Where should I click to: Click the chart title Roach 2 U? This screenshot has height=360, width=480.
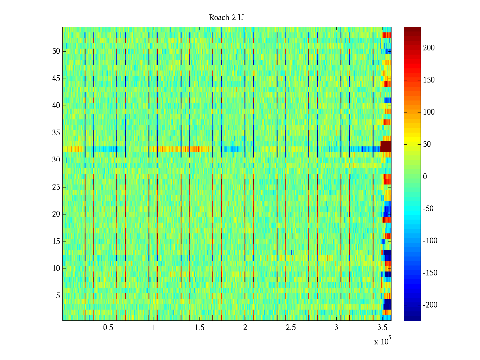click(x=226, y=18)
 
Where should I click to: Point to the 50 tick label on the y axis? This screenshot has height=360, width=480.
click(x=56, y=51)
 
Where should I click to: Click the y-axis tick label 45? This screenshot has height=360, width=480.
click(x=56, y=79)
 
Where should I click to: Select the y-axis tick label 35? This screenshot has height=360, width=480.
click(x=56, y=133)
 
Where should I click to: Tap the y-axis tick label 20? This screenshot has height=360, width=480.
click(x=56, y=214)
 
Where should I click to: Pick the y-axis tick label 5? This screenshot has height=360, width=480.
click(x=58, y=296)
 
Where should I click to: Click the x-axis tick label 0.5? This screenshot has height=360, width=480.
click(x=108, y=328)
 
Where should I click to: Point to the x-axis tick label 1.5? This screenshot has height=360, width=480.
click(x=199, y=328)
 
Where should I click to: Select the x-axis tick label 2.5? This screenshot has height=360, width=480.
click(x=291, y=328)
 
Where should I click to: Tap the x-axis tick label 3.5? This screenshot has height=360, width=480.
click(x=382, y=328)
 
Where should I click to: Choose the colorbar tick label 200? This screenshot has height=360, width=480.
click(x=429, y=48)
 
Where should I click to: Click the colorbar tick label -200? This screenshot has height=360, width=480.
click(x=430, y=305)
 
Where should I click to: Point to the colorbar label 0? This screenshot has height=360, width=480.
click(x=425, y=177)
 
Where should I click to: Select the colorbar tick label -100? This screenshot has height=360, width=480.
click(x=430, y=241)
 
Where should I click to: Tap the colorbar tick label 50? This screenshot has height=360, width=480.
click(x=427, y=144)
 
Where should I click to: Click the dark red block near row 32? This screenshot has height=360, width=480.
click(x=386, y=146)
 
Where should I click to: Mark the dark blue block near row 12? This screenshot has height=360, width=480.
click(x=387, y=255)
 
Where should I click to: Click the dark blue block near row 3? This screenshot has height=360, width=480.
click(x=387, y=304)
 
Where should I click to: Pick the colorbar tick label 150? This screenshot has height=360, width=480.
click(x=429, y=80)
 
